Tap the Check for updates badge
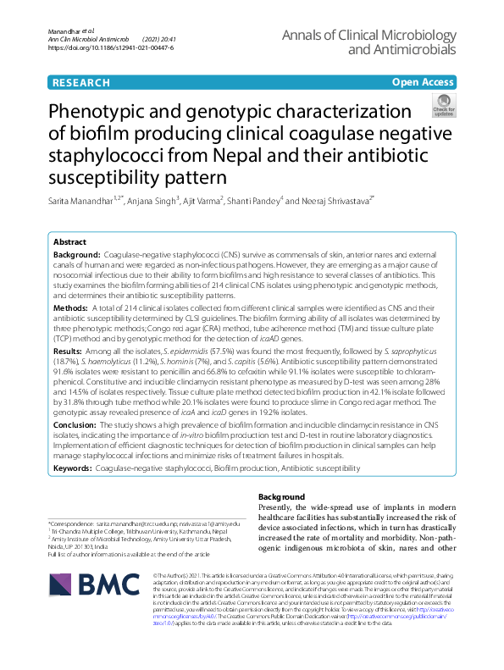click(x=443, y=106)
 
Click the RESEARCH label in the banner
click(x=80, y=82)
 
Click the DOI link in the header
click(x=110, y=48)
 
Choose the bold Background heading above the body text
click(x=281, y=496)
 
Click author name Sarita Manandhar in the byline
click(x=84, y=201)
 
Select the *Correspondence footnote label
click(x=75, y=524)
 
